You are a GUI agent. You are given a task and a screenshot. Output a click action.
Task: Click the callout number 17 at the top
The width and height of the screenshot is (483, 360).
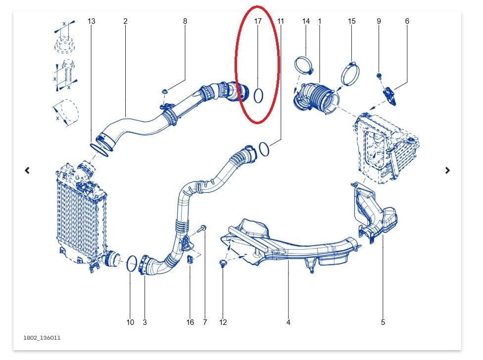tap(258, 21)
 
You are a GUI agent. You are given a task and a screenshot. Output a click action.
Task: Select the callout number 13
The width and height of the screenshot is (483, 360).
tap(91, 21)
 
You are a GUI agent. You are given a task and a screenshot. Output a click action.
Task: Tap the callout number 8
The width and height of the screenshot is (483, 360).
tap(185, 21)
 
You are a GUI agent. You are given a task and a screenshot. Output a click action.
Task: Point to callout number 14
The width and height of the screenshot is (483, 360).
tap(306, 21)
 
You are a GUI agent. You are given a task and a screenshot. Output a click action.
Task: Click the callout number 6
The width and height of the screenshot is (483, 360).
tap(407, 21)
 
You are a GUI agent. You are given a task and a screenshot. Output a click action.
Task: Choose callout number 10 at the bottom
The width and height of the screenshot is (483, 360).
tap(130, 322)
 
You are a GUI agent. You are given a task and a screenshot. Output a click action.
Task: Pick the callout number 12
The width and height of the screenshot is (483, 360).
tap(223, 322)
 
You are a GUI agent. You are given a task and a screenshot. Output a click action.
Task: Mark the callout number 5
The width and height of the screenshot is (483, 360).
tap(383, 322)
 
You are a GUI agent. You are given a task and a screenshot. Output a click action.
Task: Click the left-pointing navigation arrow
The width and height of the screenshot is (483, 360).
tap(27, 170)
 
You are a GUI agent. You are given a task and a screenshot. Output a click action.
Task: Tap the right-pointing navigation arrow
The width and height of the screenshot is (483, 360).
tap(447, 170)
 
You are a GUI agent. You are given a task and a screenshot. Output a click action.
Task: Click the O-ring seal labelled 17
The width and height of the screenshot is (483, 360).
tap(258, 95)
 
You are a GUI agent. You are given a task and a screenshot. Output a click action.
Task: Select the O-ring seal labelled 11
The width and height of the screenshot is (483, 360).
tap(264, 149)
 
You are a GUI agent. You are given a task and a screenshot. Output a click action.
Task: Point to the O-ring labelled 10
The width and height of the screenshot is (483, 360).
tap(132, 264)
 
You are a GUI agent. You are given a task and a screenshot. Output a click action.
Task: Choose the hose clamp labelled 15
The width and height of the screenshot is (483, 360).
tap(350, 72)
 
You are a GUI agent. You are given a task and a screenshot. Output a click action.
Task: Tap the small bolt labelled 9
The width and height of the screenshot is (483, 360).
tap(379, 76)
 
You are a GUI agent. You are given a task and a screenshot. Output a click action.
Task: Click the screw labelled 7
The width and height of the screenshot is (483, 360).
tap(203, 228)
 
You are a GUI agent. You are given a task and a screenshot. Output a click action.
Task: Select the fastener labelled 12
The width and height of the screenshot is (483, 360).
tap(223, 263)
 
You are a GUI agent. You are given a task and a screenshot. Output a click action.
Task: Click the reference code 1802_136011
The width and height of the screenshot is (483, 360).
tap(42, 338)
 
